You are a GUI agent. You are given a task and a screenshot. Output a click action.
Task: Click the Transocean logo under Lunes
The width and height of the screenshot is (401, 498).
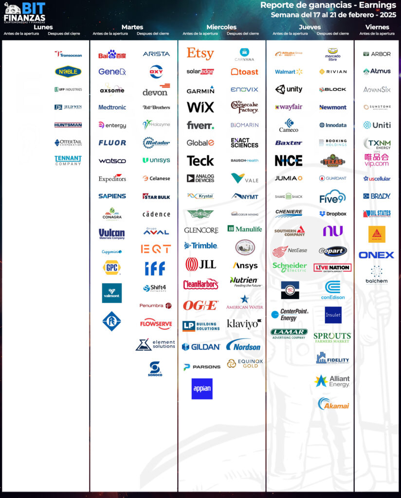click(68, 54)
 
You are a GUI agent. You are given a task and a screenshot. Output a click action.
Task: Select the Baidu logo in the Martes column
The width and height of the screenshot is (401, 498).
click(112, 54)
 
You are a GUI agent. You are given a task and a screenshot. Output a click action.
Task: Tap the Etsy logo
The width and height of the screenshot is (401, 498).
click(200, 53)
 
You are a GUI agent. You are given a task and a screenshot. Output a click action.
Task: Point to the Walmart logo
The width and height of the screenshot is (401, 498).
click(289, 71)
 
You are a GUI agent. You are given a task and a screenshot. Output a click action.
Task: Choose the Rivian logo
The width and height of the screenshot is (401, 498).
click(333, 71)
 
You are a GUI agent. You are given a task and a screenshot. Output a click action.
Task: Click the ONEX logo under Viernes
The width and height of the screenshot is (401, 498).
click(376, 255)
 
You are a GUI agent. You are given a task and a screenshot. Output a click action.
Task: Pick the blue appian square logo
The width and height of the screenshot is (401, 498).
click(201, 389)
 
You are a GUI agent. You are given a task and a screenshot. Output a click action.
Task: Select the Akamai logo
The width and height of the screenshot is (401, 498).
click(333, 404)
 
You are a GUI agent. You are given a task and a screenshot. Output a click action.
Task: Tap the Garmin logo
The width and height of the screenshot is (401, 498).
click(200, 90)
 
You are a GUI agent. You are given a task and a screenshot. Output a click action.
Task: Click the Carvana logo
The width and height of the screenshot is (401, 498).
click(244, 53)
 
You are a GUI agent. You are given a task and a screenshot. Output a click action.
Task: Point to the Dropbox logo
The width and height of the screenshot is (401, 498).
click(333, 213)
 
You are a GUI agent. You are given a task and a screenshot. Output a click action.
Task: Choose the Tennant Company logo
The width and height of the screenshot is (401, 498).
click(68, 160)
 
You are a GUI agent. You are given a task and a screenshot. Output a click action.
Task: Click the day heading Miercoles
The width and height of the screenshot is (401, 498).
click(221, 27)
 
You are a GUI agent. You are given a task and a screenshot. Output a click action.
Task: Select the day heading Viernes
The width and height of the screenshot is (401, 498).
click(377, 27)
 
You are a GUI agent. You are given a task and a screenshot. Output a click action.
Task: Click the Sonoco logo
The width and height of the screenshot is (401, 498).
click(155, 369)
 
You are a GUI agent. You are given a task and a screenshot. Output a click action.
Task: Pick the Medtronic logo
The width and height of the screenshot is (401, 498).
click(112, 107)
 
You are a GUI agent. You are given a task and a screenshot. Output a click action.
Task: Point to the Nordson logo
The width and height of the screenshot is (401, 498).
click(244, 346)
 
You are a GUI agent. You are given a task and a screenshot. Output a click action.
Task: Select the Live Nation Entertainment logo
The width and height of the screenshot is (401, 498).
click(333, 267)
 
